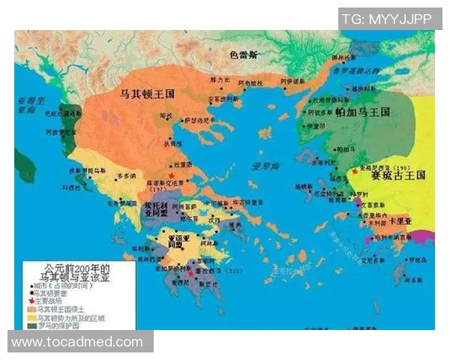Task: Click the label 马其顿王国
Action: click(143, 96)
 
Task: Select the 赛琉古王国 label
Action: click(398, 175)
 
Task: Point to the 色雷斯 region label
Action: click(244, 55)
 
